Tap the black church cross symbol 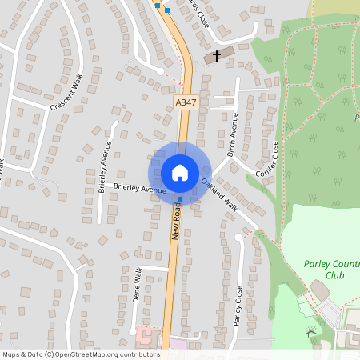pyautogui.click(x=216, y=56)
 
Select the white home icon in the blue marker pyautogui.click(x=179, y=172)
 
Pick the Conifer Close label pyautogui.click(x=267, y=160)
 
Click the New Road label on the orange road pyautogui.click(x=176, y=221)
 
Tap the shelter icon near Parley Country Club pyautogui.click(x=310, y=331)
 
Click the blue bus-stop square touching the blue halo pyautogui.click(x=180, y=199)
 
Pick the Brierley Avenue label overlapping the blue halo pyautogui.click(x=139, y=189)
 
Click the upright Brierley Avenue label pyautogui.click(x=104, y=168)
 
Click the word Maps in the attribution pyautogui.click(x=12, y=354)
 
